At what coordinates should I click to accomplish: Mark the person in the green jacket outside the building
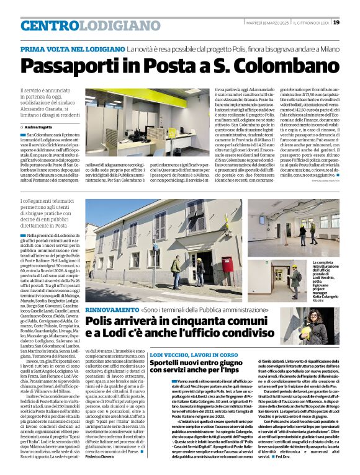pyautogui.click(x=176, y=267)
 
